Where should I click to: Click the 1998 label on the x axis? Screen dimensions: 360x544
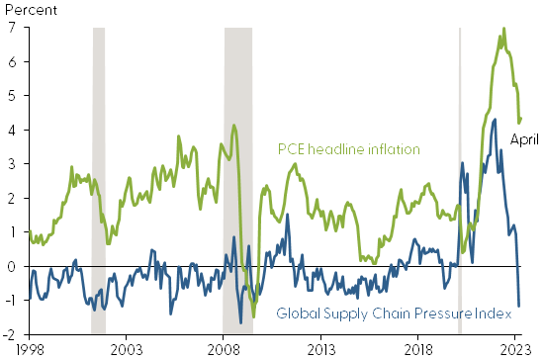29,349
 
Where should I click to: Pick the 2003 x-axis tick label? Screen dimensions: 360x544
126,349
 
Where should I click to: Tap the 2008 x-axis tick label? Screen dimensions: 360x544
224,349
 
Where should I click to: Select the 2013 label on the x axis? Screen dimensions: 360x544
321,349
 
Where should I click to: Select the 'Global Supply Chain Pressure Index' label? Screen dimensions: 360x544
394,314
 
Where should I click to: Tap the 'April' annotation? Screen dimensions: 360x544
524,139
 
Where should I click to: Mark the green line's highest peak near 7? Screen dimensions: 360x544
504,29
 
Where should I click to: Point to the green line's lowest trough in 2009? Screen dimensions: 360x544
253,315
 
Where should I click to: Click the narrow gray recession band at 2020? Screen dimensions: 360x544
460,178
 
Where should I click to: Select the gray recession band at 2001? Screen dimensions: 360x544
99,178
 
